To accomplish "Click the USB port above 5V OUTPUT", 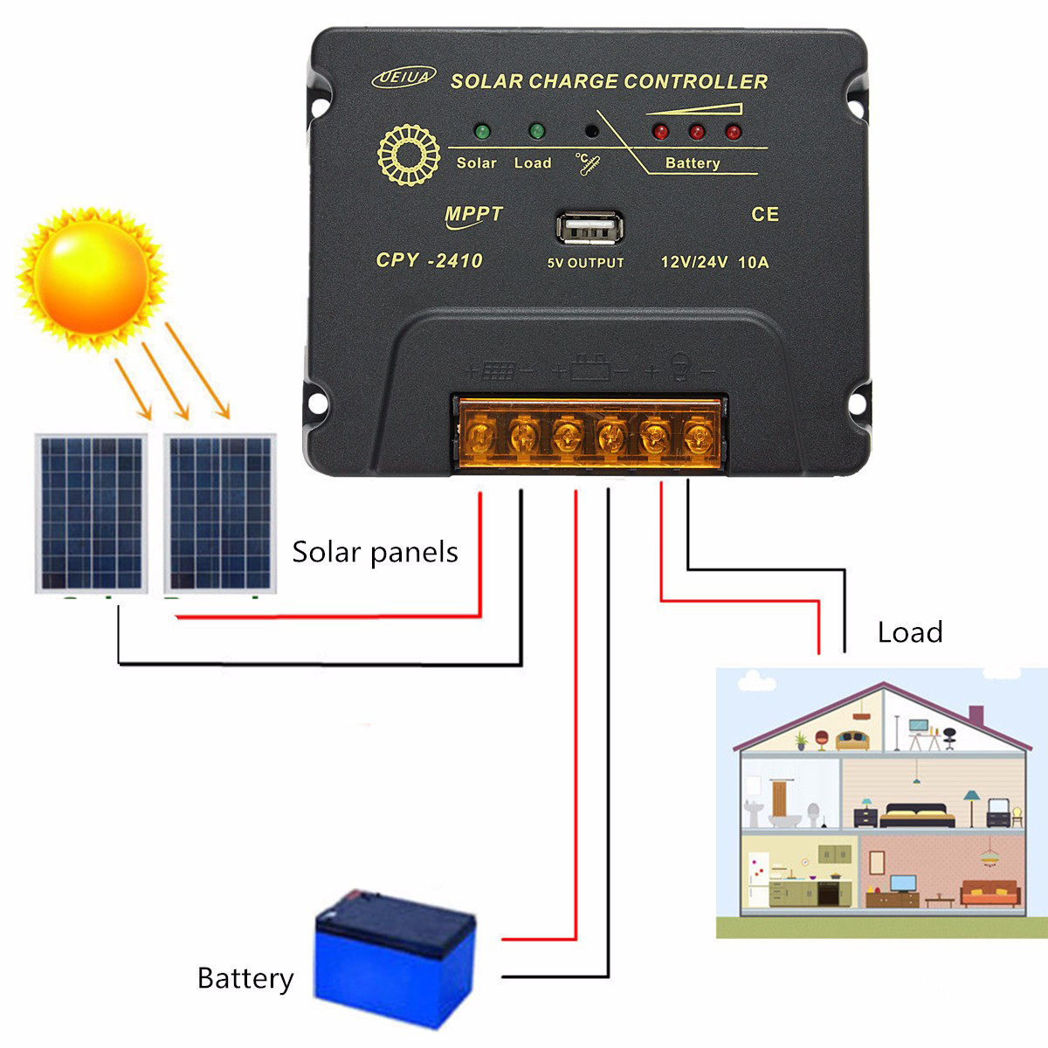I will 590,231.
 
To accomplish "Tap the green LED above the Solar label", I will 481,133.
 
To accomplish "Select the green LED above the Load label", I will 536,132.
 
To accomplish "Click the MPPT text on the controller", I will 473,215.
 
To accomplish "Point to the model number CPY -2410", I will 429,260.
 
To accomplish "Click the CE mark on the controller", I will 765,215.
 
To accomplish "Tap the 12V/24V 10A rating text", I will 714,262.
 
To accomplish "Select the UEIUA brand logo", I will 403,78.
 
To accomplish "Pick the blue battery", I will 394,957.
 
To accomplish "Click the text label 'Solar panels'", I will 375,552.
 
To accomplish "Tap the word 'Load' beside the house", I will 910,632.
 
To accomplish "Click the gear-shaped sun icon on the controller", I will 408,155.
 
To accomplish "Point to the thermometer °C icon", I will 588,164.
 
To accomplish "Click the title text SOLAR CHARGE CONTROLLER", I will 609,81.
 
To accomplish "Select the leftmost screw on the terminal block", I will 479,434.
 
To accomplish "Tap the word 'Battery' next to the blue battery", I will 245,979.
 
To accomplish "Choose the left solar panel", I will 91,513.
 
